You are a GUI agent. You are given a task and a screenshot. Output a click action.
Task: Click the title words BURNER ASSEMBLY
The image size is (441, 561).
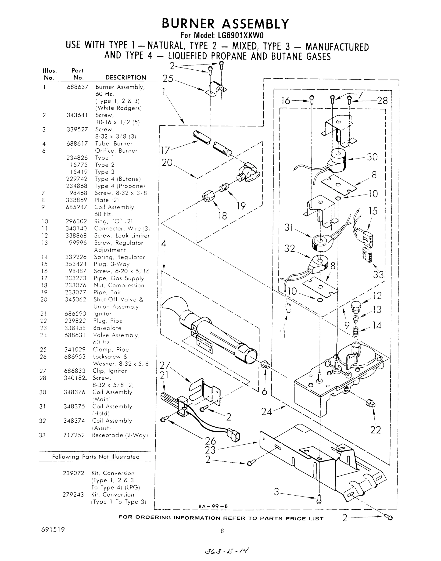tap(225, 24)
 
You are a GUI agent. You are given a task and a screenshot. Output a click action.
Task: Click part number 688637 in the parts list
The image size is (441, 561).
tap(77, 87)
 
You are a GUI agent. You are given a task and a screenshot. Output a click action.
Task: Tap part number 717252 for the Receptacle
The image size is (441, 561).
tap(74, 435)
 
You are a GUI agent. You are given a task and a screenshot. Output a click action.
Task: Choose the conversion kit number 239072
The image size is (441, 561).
tap(73, 473)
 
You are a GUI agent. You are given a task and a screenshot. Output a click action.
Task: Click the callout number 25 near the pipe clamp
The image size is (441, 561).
tap(168, 79)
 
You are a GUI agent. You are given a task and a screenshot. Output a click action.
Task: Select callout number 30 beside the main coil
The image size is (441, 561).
tap(372, 157)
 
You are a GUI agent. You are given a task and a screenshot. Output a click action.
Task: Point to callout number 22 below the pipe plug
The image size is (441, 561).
tap(375, 430)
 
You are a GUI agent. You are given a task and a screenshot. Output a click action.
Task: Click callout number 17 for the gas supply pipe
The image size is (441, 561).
tap(165, 150)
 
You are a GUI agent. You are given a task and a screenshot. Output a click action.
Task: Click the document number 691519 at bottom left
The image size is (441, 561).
tap(53, 530)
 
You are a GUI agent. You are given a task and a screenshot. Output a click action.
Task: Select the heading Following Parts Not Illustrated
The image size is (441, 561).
tap(96, 457)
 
